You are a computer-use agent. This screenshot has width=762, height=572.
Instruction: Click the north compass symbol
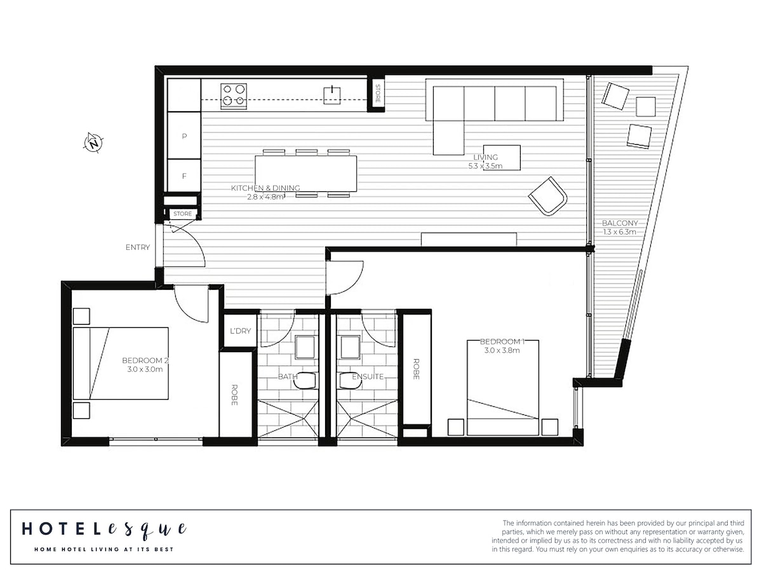click(x=93, y=142)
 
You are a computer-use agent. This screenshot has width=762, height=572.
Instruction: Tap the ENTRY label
click(x=138, y=247)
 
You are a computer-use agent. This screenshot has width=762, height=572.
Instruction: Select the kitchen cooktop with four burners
click(x=234, y=96)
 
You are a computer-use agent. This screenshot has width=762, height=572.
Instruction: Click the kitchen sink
click(x=332, y=95)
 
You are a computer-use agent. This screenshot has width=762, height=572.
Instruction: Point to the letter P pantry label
click(x=184, y=137)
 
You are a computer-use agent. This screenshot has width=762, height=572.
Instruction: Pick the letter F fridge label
click(x=184, y=176)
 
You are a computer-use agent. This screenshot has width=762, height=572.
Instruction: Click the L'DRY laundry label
click(x=240, y=331)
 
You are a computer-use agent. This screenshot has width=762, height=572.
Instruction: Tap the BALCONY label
click(x=620, y=223)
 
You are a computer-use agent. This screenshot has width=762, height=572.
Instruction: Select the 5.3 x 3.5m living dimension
click(x=485, y=166)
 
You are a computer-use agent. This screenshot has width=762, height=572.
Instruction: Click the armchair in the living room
click(x=547, y=196)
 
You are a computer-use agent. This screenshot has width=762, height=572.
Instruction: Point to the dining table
click(x=306, y=174)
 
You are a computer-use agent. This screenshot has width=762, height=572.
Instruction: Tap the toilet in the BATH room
click(x=305, y=380)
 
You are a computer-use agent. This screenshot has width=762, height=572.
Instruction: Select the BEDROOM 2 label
click(x=145, y=360)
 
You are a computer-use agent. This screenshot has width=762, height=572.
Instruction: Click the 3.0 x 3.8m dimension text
click(x=502, y=350)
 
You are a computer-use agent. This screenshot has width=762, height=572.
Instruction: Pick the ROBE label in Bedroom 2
click(x=234, y=395)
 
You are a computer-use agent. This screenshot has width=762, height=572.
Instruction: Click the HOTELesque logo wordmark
click(x=104, y=529)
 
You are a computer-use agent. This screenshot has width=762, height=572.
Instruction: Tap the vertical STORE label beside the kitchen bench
click(x=377, y=93)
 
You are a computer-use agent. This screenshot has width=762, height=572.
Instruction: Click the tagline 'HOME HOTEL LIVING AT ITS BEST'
click(x=104, y=549)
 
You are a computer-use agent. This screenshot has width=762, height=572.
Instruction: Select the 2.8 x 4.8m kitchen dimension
click(x=265, y=197)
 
